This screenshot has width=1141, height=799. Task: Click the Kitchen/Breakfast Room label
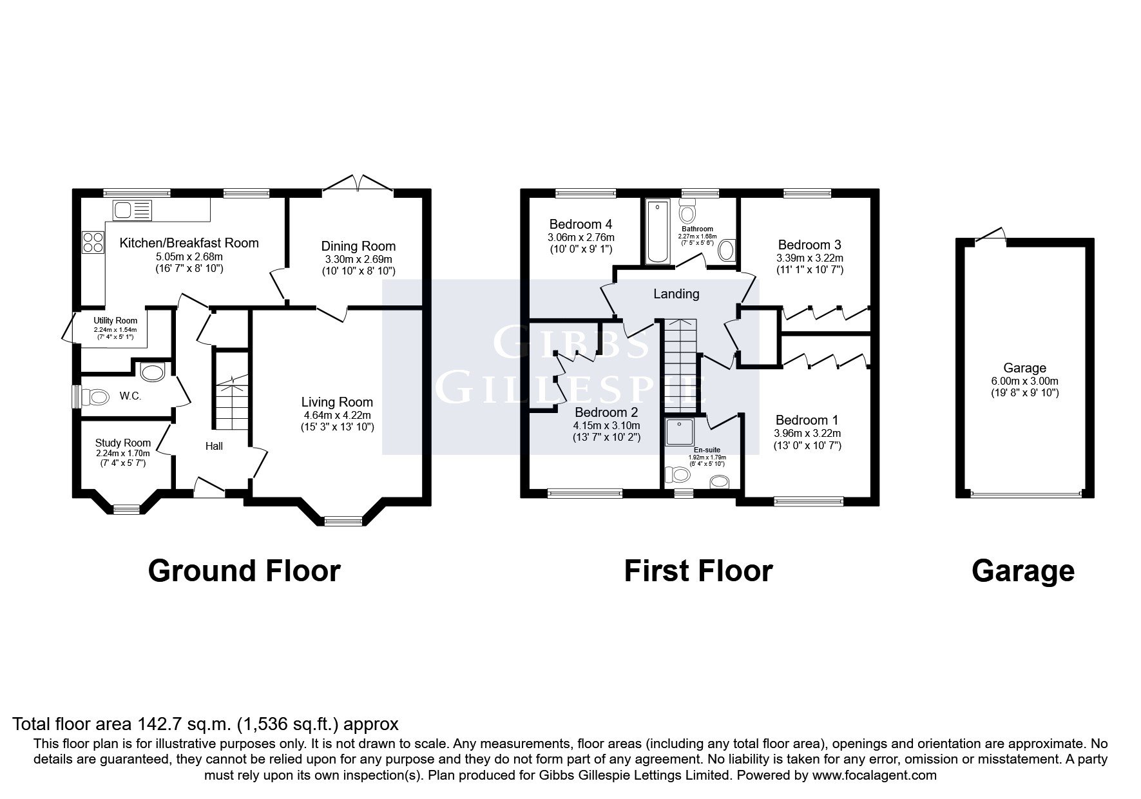[x=189, y=243]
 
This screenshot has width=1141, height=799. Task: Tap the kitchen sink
[x=133, y=210]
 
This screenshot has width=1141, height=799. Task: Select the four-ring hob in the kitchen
[x=93, y=242]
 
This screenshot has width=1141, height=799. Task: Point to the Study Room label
[x=123, y=443]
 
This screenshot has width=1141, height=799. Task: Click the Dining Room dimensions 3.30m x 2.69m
[x=358, y=259]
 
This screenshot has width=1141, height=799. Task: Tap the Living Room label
[x=337, y=403]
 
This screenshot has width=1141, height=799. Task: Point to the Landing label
[x=676, y=294]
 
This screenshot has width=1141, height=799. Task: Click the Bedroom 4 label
[x=580, y=224]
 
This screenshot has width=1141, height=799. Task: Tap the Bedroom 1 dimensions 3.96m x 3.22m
[x=808, y=434]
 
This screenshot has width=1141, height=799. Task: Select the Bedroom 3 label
[x=809, y=245]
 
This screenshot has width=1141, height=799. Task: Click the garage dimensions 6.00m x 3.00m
[x=1024, y=381]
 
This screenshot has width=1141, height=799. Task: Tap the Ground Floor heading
[x=244, y=571]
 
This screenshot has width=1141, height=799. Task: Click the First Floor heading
[x=698, y=571]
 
